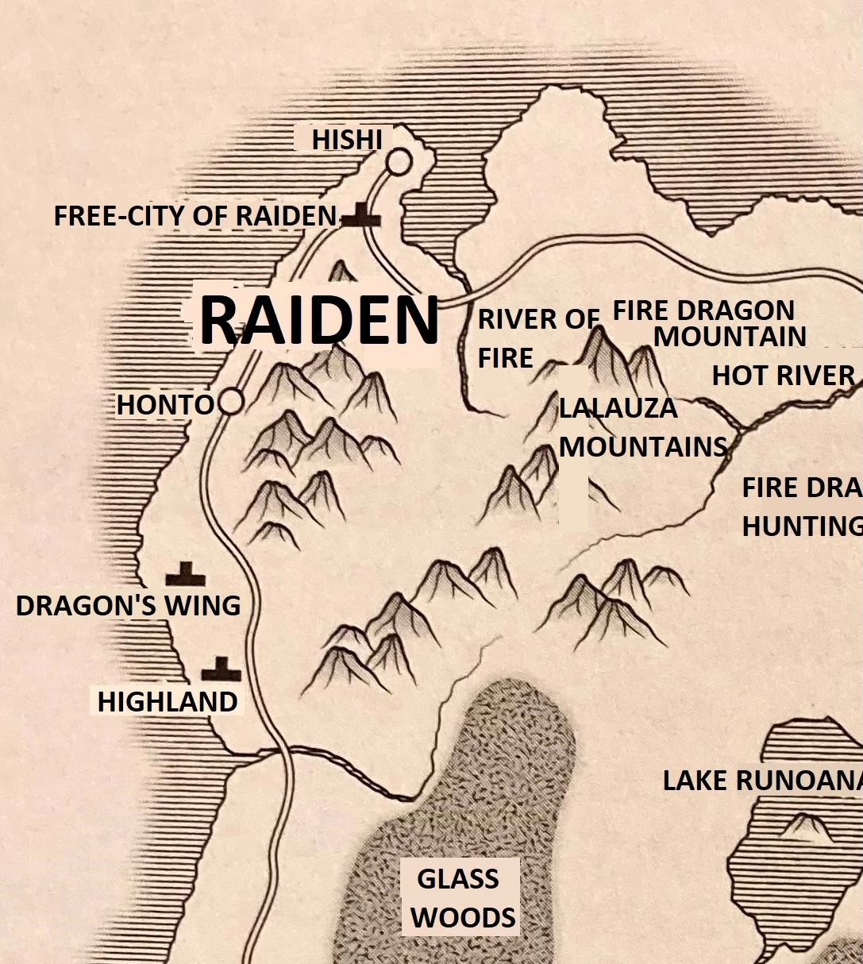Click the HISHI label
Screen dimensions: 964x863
pyautogui.click(x=347, y=140)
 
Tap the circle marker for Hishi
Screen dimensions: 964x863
pyautogui.click(x=399, y=162)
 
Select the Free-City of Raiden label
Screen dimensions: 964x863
pyautogui.click(x=195, y=216)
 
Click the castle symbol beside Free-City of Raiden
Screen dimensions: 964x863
pyautogui.click(x=362, y=215)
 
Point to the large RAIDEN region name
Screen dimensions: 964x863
pyautogui.click(x=318, y=320)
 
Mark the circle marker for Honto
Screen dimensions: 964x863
pyautogui.click(x=230, y=403)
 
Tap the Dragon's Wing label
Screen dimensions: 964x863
pyautogui.click(x=128, y=606)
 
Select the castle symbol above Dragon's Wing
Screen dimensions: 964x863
pyautogui.click(x=185, y=573)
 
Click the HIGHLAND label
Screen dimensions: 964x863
pyautogui.click(x=168, y=702)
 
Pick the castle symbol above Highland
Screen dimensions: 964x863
pyautogui.click(x=221, y=670)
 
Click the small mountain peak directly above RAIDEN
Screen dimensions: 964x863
pyautogui.click(x=342, y=272)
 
